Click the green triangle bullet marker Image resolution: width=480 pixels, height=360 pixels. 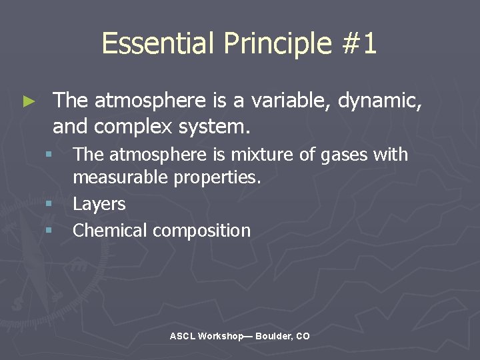pyautogui.click(x=28, y=101)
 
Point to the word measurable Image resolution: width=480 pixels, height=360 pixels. pyautogui.click(x=118, y=178)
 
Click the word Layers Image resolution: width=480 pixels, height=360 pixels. pyautogui.click(x=99, y=204)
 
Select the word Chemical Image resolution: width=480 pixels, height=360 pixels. pyautogui.click(x=110, y=231)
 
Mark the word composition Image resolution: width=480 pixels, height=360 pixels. pyautogui.click(x=202, y=231)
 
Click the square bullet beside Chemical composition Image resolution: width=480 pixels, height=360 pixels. pyautogui.click(x=49, y=230)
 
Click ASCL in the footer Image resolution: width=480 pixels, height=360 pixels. pyautogui.click(x=182, y=337)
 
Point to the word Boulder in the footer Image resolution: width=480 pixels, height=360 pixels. pyautogui.click(x=273, y=337)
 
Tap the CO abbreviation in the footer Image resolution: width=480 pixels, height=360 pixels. pyautogui.click(x=303, y=337)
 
